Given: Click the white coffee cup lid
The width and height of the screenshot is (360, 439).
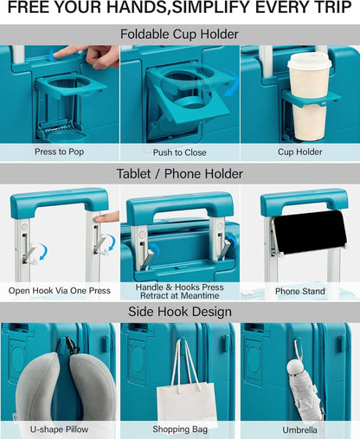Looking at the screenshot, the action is (x=310, y=61).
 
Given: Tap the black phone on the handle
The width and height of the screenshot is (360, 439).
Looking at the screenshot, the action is (x=310, y=232).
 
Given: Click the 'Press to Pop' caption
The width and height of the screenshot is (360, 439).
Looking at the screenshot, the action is (x=60, y=152).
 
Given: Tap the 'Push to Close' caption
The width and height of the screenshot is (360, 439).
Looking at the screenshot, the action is (x=179, y=152).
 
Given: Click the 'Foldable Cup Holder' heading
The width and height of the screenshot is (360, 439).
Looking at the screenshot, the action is (x=179, y=34).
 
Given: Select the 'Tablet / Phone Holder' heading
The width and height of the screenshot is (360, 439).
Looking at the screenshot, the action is (x=180, y=174).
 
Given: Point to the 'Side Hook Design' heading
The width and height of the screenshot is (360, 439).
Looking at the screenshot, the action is (x=180, y=312).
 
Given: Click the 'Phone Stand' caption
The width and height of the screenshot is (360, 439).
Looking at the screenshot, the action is (x=300, y=291).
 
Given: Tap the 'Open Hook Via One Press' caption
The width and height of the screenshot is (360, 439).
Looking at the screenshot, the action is (x=60, y=290).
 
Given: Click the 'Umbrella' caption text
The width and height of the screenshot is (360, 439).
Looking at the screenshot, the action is (x=300, y=430).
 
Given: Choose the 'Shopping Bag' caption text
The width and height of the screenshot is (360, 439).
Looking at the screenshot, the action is (x=180, y=429).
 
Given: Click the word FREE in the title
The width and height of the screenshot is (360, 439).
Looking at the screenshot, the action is (x=29, y=7).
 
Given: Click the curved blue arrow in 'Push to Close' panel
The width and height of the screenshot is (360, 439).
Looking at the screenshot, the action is (x=233, y=83).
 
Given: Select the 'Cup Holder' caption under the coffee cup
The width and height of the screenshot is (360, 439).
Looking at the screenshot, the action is (x=300, y=152).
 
